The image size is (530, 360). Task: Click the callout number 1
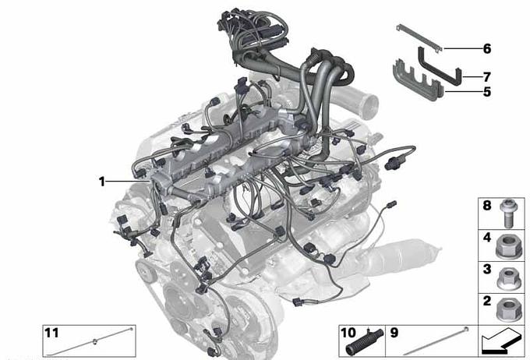click(102, 182)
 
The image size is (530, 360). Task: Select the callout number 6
click(486, 48)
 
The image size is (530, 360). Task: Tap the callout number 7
click(486, 77)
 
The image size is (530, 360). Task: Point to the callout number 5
click(486, 92)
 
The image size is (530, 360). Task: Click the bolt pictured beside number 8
click(507, 213)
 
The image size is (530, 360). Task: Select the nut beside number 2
click(509, 309)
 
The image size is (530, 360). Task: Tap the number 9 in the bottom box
click(394, 333)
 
